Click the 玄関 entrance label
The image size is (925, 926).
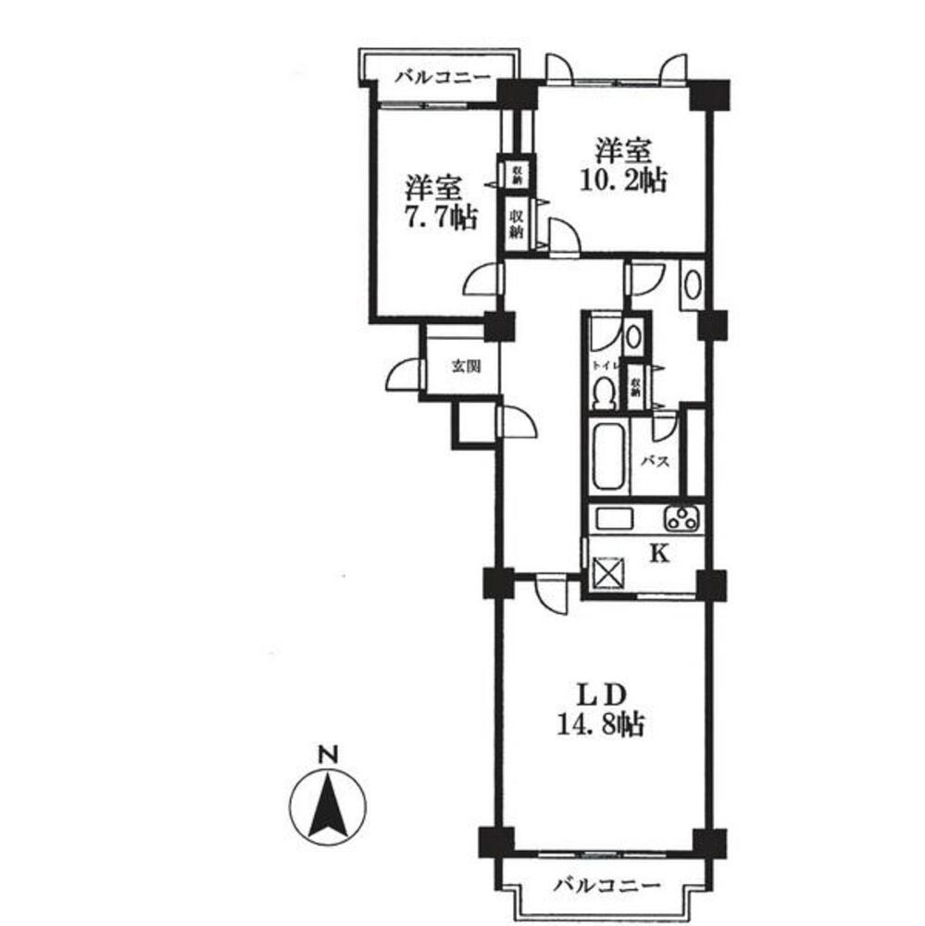coord(466,366)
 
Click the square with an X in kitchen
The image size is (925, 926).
coord(610,569)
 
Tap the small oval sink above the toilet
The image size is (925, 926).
coord(632,335)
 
